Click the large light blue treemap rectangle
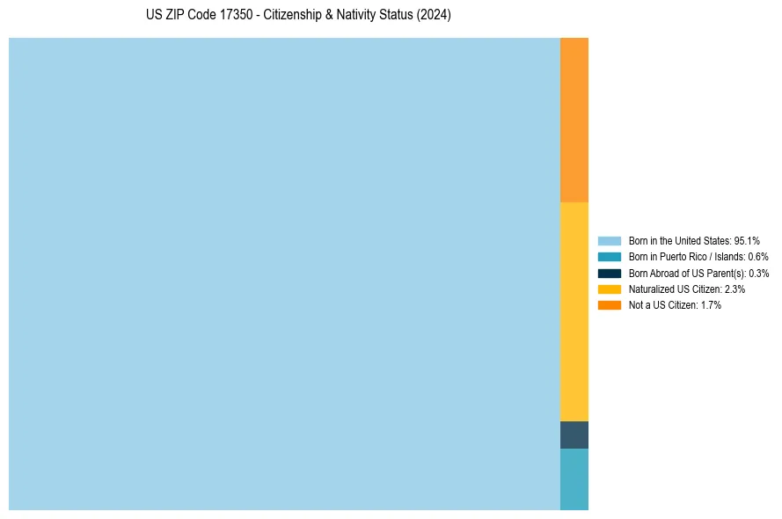[284, 274]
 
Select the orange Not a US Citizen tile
[574, 120]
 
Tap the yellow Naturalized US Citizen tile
[574, 311]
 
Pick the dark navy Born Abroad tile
[574, 435]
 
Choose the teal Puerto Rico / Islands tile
[574, 479]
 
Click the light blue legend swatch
[610, 240]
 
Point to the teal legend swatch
[610, 257]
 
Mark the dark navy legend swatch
[610, 273]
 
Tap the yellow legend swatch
[610, 289]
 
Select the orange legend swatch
[610, 305]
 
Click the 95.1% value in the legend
[747, 240]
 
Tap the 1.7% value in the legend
[711, 305]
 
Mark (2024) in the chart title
[434, 16]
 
